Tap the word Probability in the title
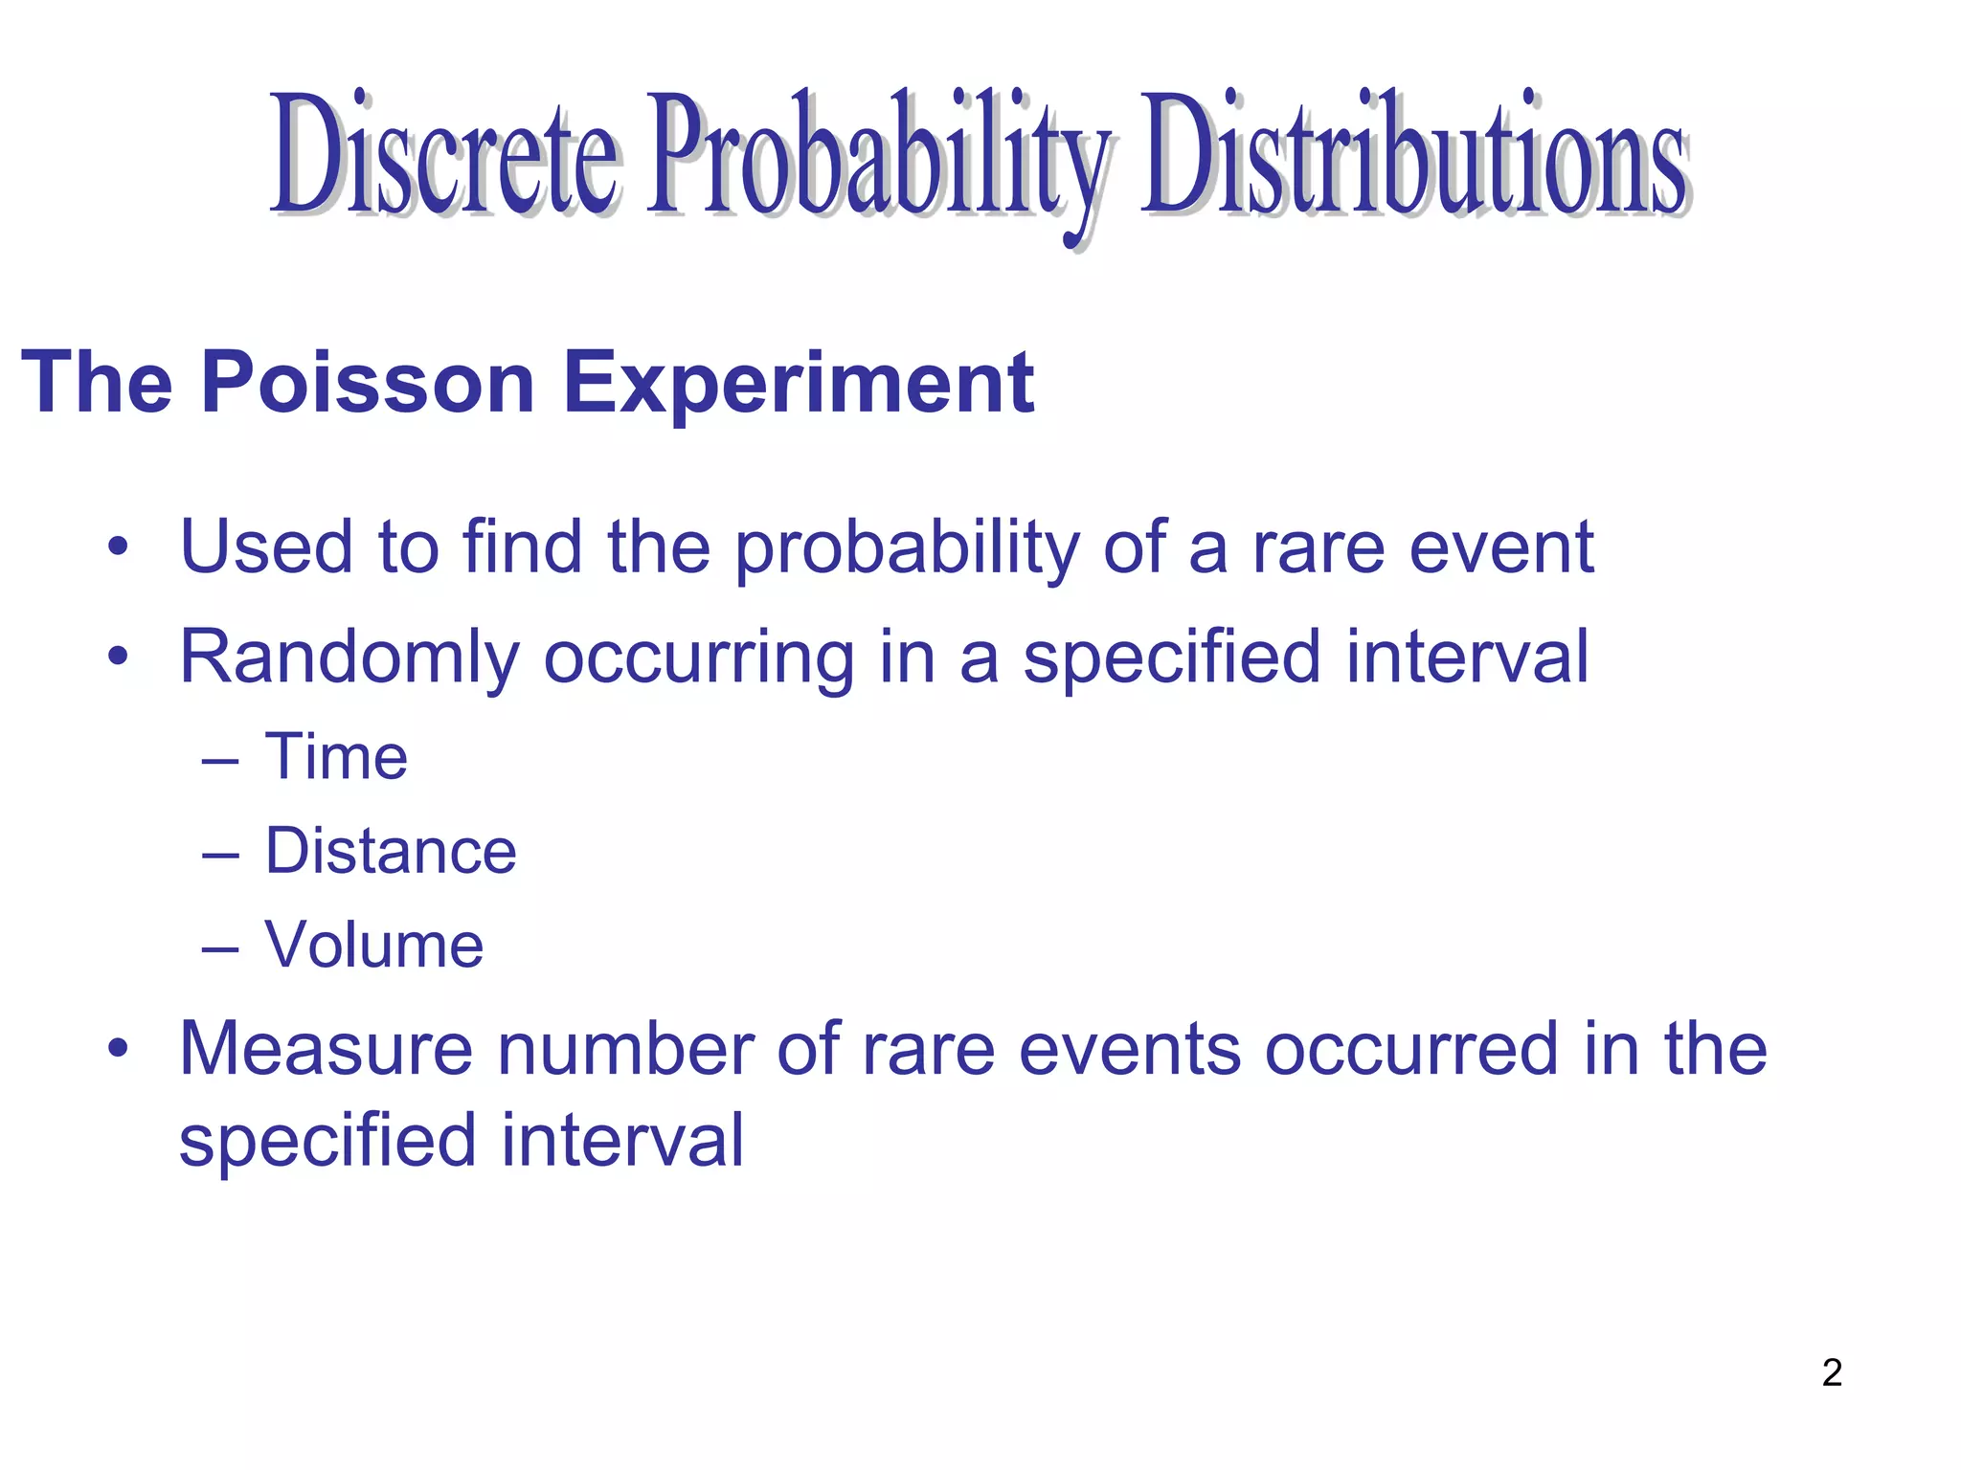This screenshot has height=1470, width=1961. coord(876,158)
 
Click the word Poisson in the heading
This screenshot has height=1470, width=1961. coord(368,383)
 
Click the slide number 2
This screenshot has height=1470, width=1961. coord(1832,1372)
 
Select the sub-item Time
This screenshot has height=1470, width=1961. coord(336,757)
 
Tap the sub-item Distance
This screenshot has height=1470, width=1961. coord(391,851)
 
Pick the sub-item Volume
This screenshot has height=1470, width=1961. coord(374,945)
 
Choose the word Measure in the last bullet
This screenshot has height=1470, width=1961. coord(326,1049)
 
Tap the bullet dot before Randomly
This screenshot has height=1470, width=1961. coord(118,657)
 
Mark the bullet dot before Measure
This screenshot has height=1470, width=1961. coord(118,1049)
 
